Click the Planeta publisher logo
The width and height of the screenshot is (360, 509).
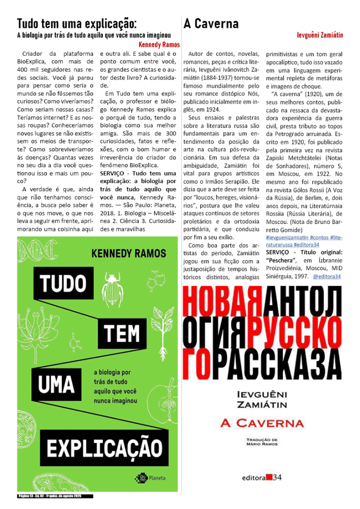[x=151, y=479]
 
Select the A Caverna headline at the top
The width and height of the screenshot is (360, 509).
[x=211, y=23]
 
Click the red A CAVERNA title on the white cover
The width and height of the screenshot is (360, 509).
[x=262, y=423]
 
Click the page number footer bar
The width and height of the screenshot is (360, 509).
[x=55, y=496]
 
